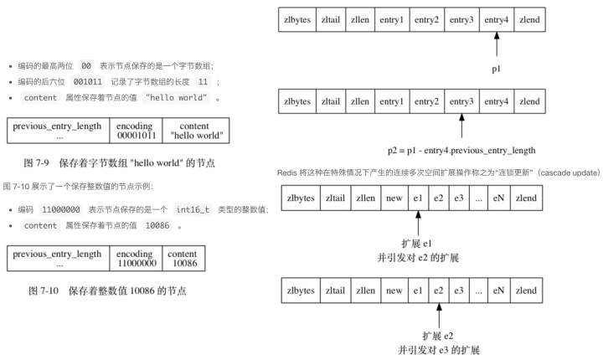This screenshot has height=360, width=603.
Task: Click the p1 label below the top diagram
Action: click(x=497, y=69)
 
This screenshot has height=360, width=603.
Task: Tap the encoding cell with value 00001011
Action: click(x=138, y=131)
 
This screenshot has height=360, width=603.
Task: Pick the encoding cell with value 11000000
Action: click(x=138, y=257)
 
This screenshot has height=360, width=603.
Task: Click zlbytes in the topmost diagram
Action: click(x=298, y=19)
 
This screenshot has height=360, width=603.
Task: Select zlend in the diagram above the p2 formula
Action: click(x=529, y=101)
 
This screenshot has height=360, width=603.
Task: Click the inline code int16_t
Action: click(x=197, y=209)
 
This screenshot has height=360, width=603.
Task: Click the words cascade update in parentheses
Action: click(x=564, y=172)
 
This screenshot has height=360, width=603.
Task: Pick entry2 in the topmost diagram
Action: click(x=425, y=19)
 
